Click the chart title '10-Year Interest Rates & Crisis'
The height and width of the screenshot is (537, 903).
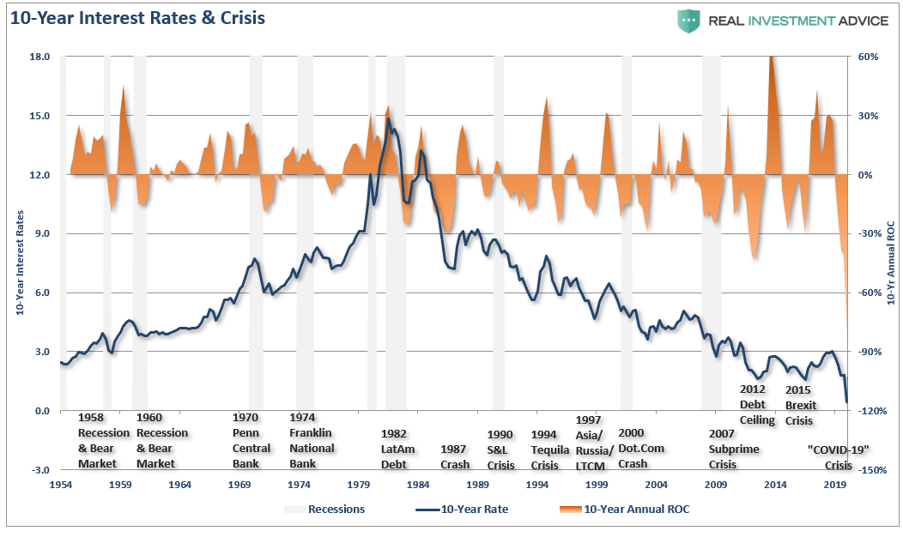click(137, 17)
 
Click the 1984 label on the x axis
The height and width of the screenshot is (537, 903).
click(418, 485)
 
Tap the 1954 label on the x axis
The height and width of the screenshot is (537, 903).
click(61, 485)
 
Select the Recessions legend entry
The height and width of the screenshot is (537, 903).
click(325, 510)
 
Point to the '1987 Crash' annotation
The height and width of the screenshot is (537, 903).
click(455, 456)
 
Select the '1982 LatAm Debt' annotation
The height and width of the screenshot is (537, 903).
click(394, 449)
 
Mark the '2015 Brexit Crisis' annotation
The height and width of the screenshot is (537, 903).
click(800, 405)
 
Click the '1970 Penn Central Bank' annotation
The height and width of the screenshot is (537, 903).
click(252, 440)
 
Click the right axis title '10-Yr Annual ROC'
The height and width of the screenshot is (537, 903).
click(889, 262)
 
